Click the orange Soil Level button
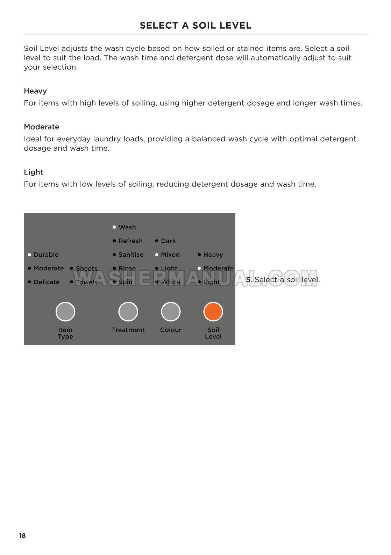213,312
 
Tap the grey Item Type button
65,312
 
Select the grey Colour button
171,312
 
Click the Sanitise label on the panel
131,255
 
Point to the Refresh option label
130,241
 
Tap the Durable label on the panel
46,255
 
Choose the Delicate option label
47,282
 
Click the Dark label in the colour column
168,241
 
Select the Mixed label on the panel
170,255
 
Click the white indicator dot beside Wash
114,227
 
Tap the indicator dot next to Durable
29,255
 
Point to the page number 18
22,536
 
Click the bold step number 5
249,279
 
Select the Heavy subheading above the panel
35,91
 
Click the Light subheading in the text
33,172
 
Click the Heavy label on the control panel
213,255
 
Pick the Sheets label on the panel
86,268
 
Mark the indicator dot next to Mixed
157,255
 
